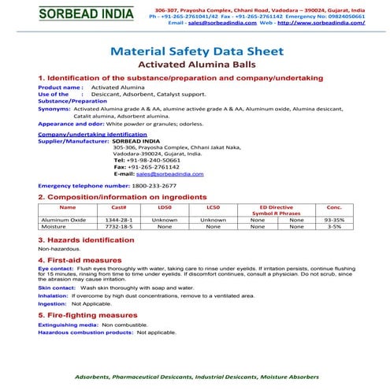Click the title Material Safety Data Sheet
point(194,52)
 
